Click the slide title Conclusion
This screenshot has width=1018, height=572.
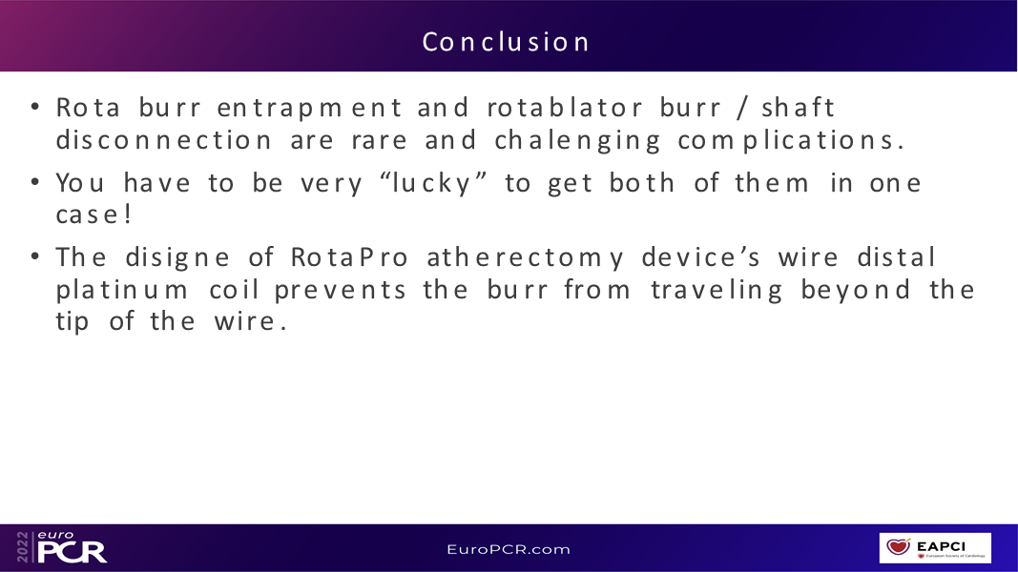(506, 42)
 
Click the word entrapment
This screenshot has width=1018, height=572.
(310, 109)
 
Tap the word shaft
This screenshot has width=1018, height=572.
(798, 107)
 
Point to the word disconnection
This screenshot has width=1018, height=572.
(163, 139)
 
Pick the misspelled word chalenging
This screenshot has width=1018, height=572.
(577, 141)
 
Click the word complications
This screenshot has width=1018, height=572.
(791, 141)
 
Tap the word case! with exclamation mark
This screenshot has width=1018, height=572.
(94, 214)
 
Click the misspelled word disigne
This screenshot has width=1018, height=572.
(177, 258)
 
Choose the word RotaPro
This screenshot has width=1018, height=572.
(349, 257)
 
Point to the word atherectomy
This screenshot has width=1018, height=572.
(526, 258)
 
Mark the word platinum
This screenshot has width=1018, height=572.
(122, 290)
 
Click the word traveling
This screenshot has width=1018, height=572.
(717, 291)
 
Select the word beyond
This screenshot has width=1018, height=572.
(856, 291)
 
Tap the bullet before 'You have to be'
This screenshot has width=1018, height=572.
(35, 182)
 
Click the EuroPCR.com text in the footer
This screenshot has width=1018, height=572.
(509, 549)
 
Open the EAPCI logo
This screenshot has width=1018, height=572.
(935, 548)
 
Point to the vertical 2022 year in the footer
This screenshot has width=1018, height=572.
(23, 547)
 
